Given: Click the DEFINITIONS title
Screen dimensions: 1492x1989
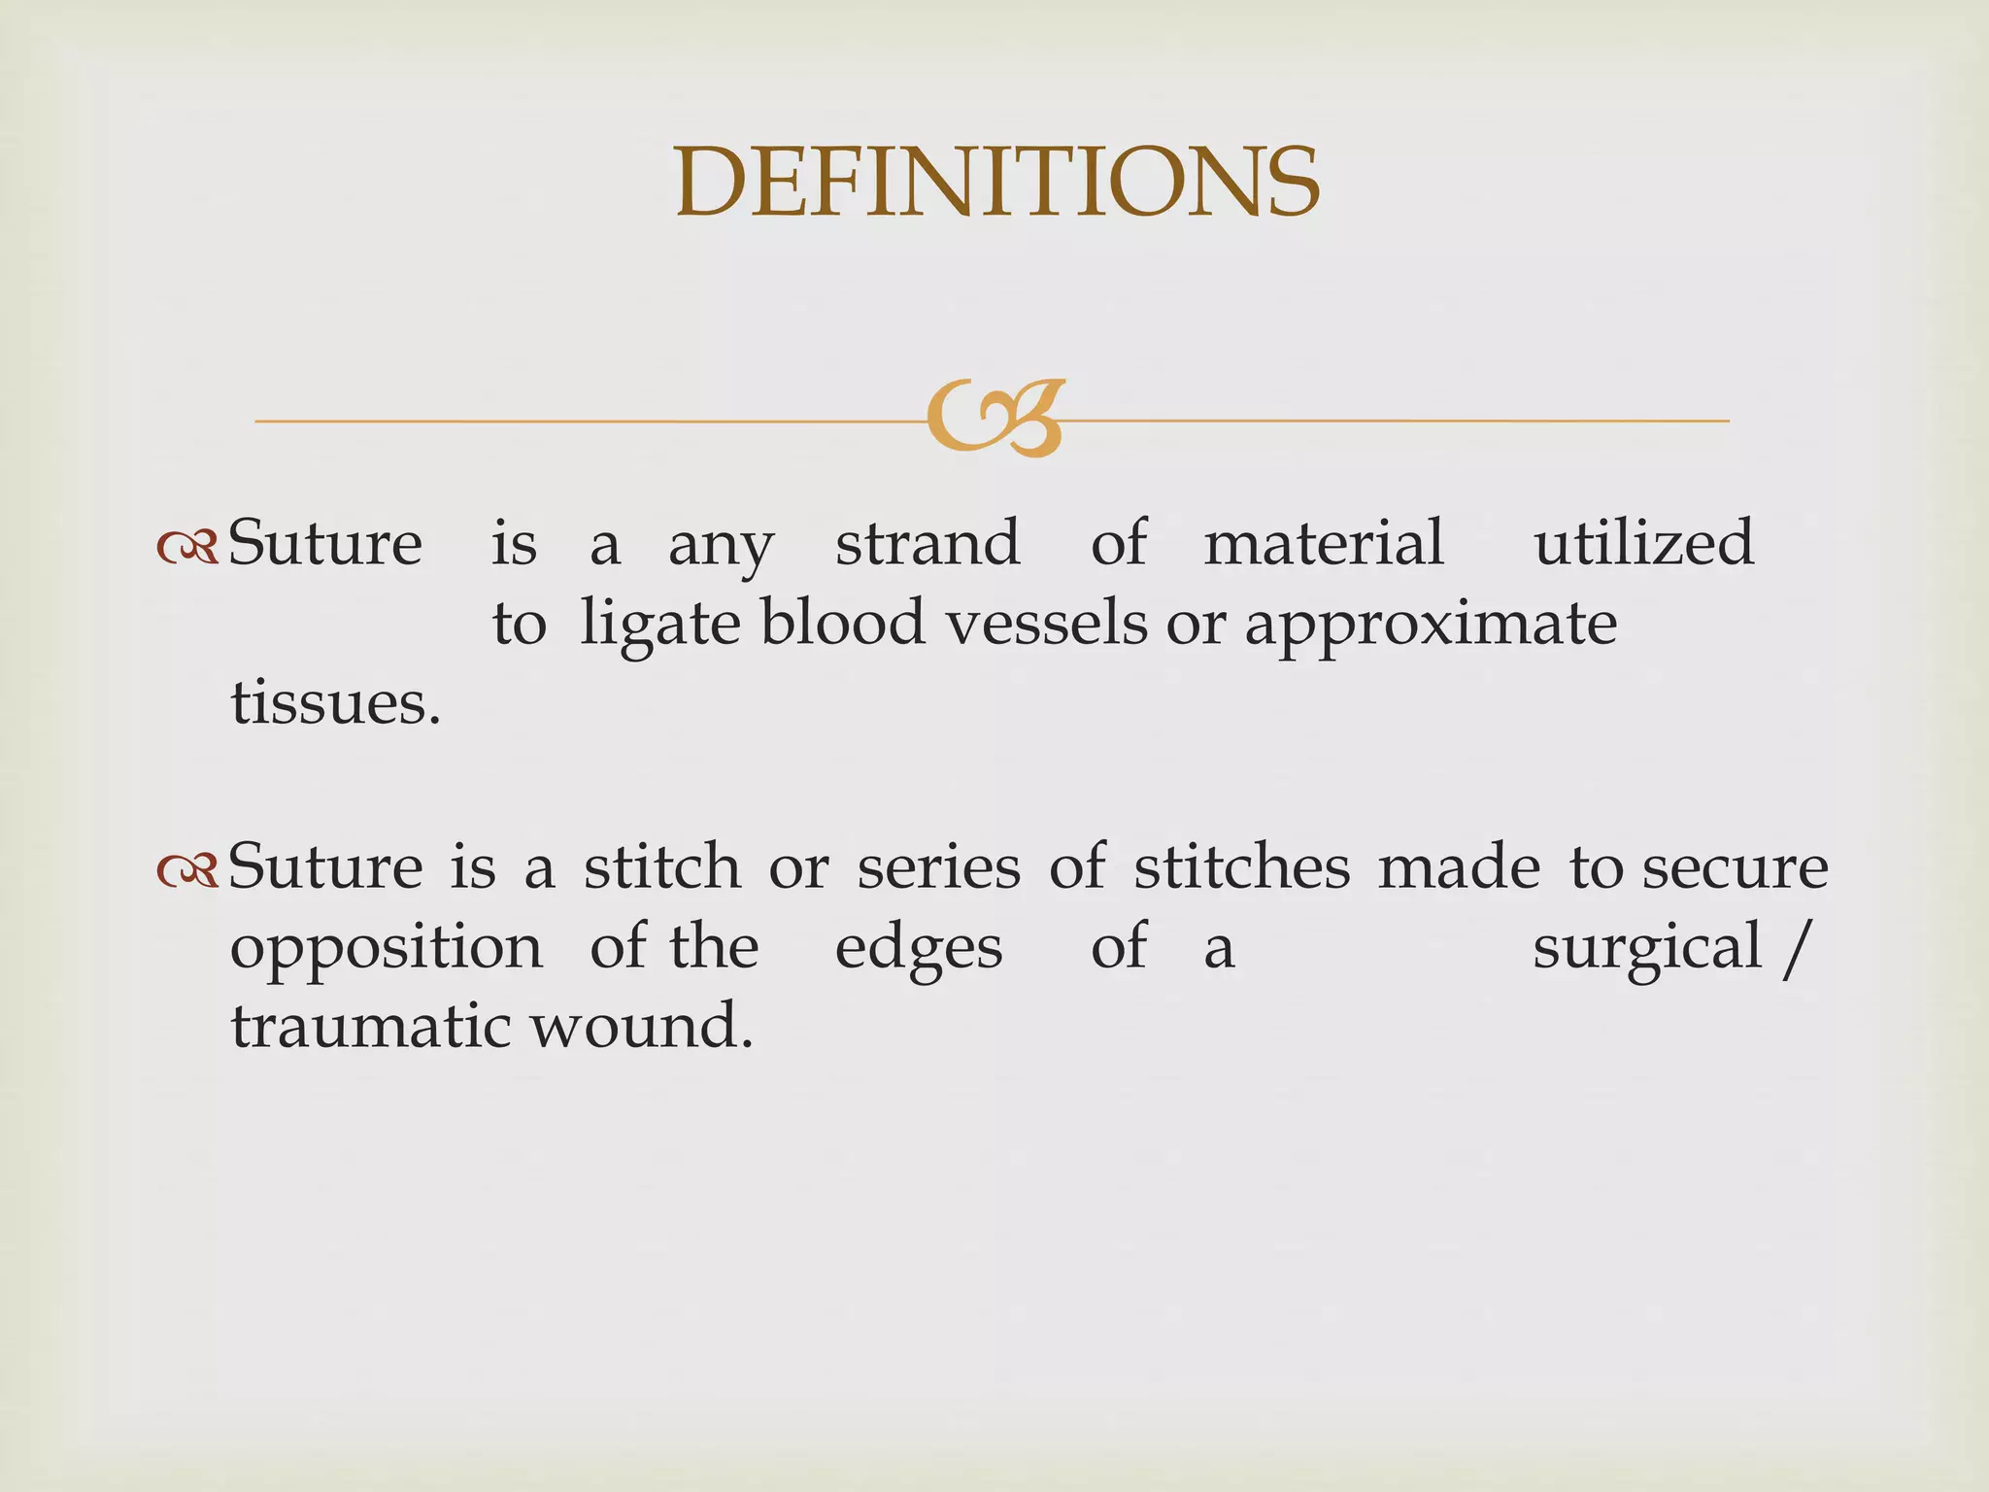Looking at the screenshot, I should (996, 182).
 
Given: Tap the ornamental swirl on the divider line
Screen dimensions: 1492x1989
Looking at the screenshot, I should (995, 419).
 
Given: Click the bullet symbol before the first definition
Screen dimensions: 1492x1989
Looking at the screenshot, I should (188, 550).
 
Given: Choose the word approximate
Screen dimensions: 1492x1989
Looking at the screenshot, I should (1431, 626).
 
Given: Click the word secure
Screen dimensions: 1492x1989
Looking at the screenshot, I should (1736, 867).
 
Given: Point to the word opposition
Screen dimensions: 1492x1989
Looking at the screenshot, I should (386, 949).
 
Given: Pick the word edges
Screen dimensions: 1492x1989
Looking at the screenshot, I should (919, 949).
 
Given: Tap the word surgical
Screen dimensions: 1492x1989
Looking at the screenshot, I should (1647, 949).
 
